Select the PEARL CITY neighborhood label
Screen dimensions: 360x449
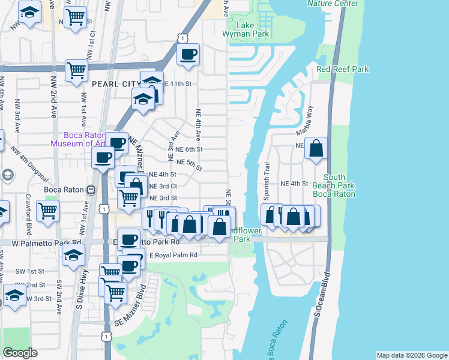point(116,83)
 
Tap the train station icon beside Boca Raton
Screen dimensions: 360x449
point(91,190)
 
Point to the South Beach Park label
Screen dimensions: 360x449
point(339,185)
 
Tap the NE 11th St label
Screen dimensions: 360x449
point(176,83)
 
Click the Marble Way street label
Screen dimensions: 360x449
point(304,120)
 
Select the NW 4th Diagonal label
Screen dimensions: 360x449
point(33,168)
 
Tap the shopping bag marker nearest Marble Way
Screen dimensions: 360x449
point(316,148)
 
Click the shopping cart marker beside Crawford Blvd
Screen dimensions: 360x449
point(47,210)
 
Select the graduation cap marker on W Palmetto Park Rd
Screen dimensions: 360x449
point(73,255)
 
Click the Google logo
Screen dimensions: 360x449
point(20,353)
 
